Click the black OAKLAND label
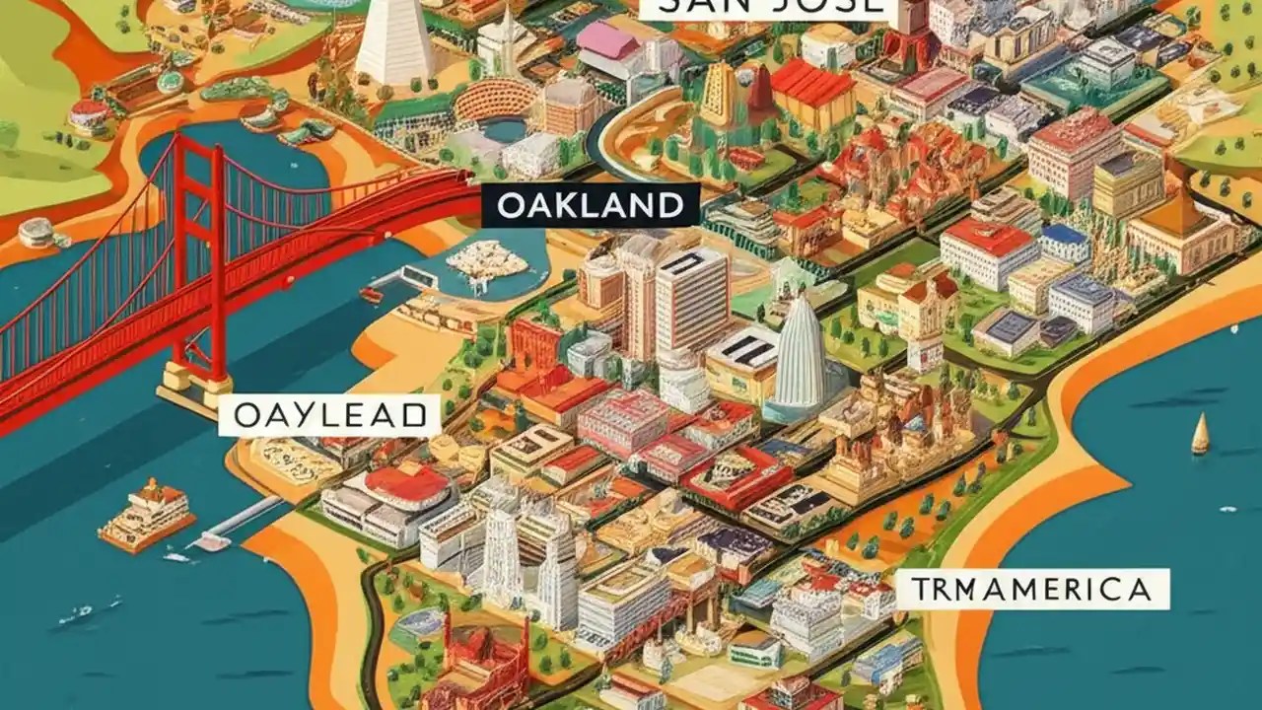coord(590,206)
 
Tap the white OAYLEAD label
coord(328,416)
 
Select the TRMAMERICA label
coord(1032,590)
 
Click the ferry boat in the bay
coord(145,514)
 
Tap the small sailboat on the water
coord(1200,435)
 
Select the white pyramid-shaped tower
coord(395,41)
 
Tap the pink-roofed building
coord(608,42)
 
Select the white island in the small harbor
coord(487,261)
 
